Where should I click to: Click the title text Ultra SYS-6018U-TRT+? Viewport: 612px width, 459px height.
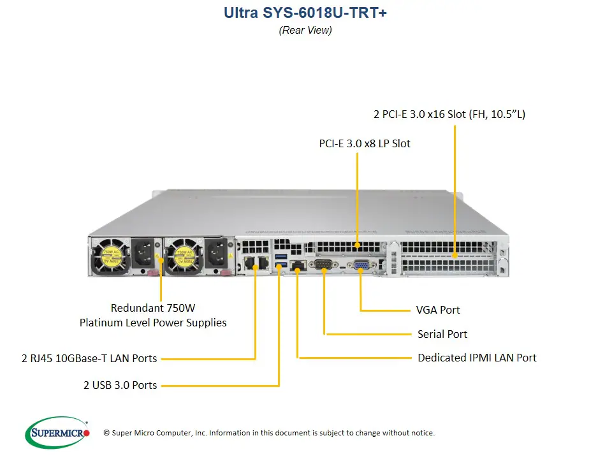click(305, 13)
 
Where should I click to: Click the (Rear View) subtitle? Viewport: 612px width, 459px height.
click(305, 30)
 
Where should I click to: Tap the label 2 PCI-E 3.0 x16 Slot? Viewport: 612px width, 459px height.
click(449, 115)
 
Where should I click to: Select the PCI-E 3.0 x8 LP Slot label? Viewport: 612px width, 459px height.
click(365, 144)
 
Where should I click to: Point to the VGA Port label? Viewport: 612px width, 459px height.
click(437, 310)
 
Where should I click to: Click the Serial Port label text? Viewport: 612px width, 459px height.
click(442, 334)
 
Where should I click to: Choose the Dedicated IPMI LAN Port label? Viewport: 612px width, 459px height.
click(477, 358)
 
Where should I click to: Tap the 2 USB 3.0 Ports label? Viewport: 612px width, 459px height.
click(120, 385)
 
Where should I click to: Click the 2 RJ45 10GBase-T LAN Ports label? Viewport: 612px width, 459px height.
click(89, 359)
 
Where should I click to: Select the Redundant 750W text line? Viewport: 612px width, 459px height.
click(152, 307)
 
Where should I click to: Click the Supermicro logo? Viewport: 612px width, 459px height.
click(58, 433)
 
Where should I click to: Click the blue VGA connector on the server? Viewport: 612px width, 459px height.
click(360, 266)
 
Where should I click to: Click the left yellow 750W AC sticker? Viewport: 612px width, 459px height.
click(111, 256)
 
